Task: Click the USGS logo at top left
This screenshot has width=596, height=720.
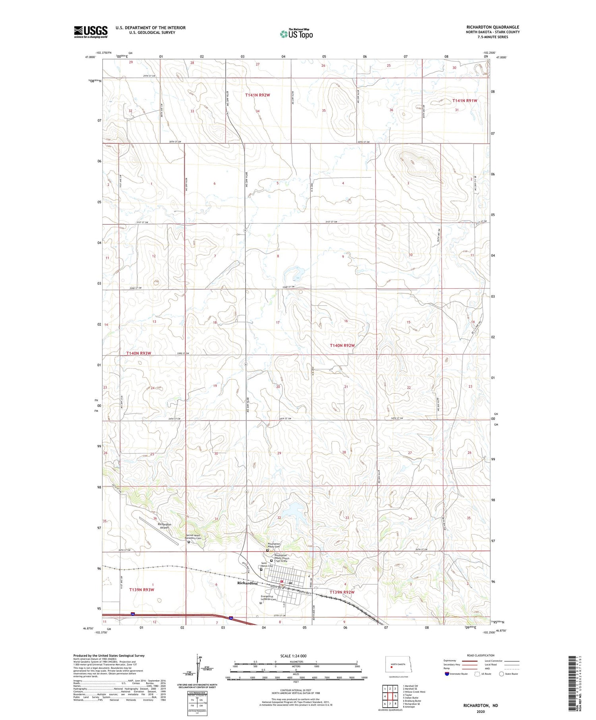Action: pyautogui.click(x=91, y=32)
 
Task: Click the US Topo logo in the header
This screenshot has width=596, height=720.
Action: pyautogui.click(x=296, y=34)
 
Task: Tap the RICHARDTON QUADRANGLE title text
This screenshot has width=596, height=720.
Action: pyautogui.click(x=493, y=27)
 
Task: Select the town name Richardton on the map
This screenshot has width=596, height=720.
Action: pyautogui.click(x=247, y=583)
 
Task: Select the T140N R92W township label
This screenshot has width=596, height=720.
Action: pyautogui.click(x=342, y=346)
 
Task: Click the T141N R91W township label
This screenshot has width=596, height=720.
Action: pyautogui.click(x=464, y=101)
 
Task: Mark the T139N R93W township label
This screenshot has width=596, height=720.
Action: pyautogui.click(x=141, y=590)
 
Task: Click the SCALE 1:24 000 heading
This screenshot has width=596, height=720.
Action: pyautogui.click(x=293, y=656)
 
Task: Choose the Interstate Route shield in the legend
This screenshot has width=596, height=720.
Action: pyautogui.click(x=447, y=674)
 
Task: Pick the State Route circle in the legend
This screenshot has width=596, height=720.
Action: pyautogui.click(x=501, y=674)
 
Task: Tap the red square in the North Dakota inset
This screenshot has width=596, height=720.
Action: pyautogui.click(x=391, y=667)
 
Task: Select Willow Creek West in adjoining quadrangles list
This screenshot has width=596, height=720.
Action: pyautogui.click(x=414, y=692)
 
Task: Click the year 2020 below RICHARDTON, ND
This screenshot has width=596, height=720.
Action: pyautogui.click(x=480, y=712)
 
